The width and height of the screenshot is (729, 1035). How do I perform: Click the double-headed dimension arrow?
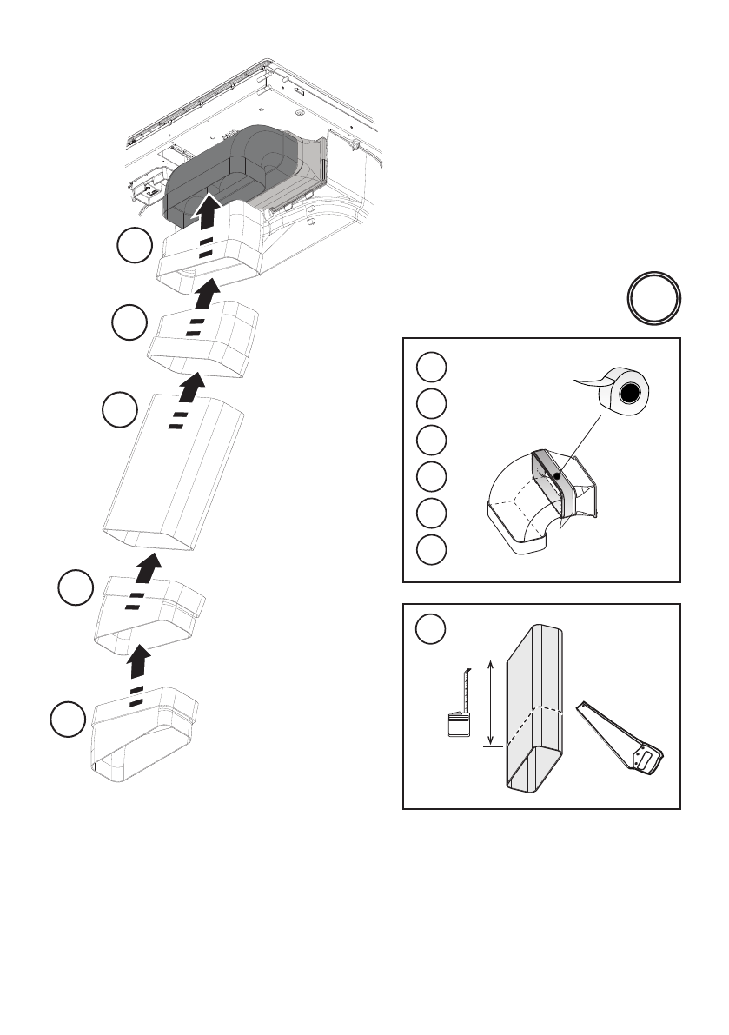[492, 701]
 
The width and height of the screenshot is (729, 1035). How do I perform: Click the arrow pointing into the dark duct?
[206, 210]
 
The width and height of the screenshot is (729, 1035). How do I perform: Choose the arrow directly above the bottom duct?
[137, 665]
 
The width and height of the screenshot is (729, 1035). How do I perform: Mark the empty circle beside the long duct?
[119, 411]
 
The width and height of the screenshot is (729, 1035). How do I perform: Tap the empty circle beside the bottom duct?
[68, 720]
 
